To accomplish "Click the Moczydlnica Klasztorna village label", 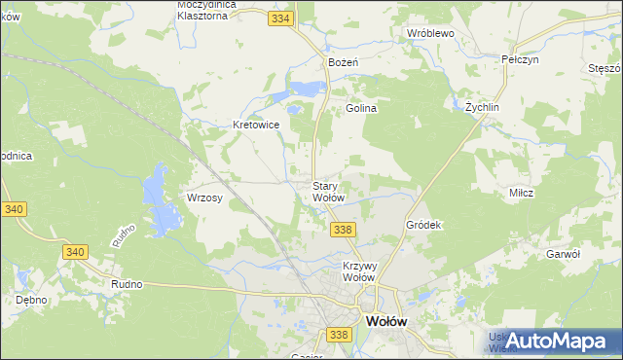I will pyautogui.click(x=216, y=10).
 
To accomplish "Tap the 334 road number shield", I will pyautogui.click(x=281, y=18).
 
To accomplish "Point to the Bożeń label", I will pyautogui.click(x=345, y=62).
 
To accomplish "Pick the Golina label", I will pyautogui.click(x=361, y=109).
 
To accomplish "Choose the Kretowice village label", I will pyautogui.click(x=256, y=126).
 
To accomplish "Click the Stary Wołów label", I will pyautogui.click(x=327, y=192).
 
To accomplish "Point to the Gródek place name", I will pyautogui.click(x=423, y=225).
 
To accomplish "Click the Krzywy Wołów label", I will pyautogui.click(x=359, y=270).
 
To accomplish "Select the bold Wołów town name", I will pyautogui.click(x=385, y=320).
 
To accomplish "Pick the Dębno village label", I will pyautogui.click(x=32, y=300).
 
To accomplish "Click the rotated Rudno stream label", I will pyautogui.click(x=122, y=234).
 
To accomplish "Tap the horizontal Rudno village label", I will pyautogui.click(x=128, y=284).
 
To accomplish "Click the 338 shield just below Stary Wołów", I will pyautogui.click(x=342, y=230).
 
